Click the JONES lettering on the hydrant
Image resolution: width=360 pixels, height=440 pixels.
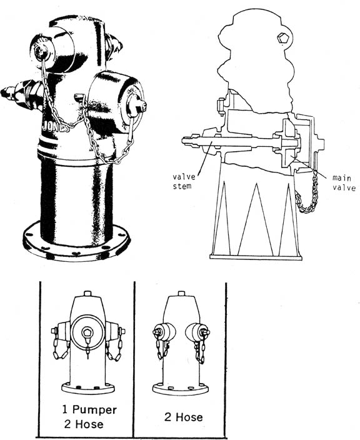[56, 127]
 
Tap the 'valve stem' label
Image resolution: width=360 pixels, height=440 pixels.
[184, 181]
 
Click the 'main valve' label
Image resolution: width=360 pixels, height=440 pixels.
[344, 183]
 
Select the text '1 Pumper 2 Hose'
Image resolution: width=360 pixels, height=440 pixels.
[89, 417]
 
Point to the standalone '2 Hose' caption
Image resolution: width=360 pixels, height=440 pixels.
[184, 417]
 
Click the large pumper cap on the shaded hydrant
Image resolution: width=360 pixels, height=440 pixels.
[116, 102]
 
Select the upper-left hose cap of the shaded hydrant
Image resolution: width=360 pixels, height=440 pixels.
[52, 50]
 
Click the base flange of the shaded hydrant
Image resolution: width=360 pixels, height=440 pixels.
[76, 242]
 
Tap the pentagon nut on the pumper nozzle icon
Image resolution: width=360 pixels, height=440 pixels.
[87, 332]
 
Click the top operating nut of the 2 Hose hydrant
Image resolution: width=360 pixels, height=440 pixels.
[181, 294]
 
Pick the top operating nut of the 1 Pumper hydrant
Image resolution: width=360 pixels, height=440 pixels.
[87, 294]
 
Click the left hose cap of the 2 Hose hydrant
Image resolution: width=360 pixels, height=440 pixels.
[164, 332]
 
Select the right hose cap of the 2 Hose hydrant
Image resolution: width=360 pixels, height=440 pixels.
[197, 332]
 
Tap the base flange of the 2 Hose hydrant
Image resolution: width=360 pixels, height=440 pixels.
[181, 389]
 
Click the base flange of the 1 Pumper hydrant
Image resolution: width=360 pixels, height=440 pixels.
[88, 388]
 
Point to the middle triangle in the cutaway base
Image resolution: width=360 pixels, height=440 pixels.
[256, 220]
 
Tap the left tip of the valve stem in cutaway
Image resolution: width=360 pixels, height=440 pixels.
[182, 140]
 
